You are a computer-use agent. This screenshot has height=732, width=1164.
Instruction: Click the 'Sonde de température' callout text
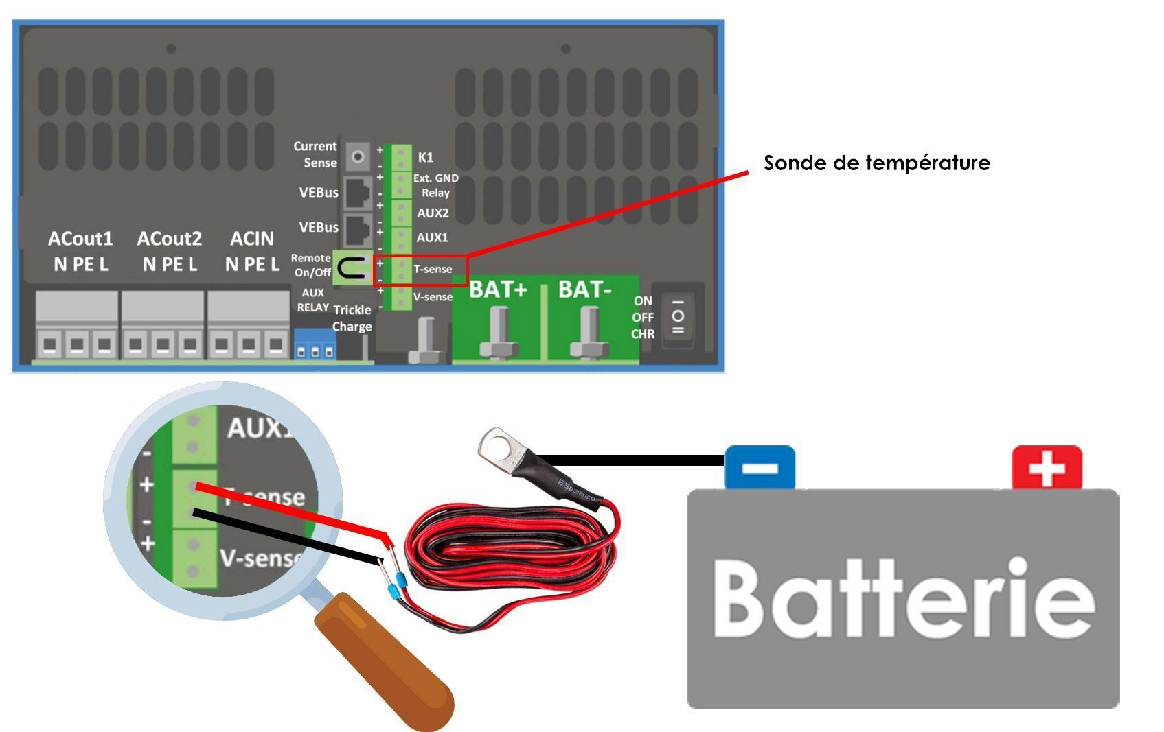pyautogui.click(x=877, y=163)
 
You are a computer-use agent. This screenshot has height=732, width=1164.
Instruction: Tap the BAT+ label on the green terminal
pyautogui.click(x=498, y=290)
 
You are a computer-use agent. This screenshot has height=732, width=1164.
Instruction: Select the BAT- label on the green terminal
pyautogui.click(x=584, y=290)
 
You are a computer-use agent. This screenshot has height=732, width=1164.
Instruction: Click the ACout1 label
pyautogui.click(x=80, y=239)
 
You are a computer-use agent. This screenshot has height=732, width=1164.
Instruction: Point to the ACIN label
pyautogui.click(x=252, y=239)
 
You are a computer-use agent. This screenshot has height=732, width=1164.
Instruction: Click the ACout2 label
pyautogui.click(x=170, y=239)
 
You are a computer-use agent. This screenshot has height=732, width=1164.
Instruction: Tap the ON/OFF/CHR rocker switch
pyautogui.click(x=678, y=316)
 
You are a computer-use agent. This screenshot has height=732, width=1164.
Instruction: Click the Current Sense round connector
pyautogui.click(x=357, y=156)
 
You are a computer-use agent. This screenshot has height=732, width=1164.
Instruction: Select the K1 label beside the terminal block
pyautogui.click(x=426, y=157)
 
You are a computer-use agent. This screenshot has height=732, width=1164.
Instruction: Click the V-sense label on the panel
pyautogui.click(x=433, y=297)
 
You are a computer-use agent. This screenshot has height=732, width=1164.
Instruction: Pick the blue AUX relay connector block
pyautogui.click(x=315, y=344)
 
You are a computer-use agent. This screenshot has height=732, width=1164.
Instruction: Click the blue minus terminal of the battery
pyautogui.click(x=760, y=468)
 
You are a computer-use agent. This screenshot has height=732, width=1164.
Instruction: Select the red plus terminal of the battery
pyautogui.click(x=1047, y=468)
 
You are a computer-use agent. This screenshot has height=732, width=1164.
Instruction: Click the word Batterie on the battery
pyautogui.click(x=903, y=598)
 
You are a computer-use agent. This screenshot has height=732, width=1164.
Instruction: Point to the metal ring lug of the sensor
pyautogui.click(x=499, y=448)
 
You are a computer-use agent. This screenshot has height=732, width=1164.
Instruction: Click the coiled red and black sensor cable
pyautogui.click(x=508, y=549)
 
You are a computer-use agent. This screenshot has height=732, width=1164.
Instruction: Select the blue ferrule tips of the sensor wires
pyautogui.click(x=397, y=589)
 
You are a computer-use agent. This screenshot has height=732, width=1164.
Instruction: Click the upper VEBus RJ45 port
pyautogui.click(x=357, y=192)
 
